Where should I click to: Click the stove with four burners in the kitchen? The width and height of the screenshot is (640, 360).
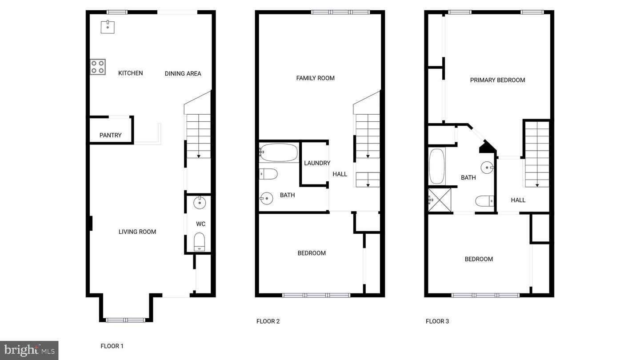point(98,67)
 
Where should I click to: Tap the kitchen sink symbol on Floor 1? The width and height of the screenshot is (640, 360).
point(108,27)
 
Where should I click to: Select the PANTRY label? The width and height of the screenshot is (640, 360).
point(111,135)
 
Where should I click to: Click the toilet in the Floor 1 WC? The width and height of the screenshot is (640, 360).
point(199,242)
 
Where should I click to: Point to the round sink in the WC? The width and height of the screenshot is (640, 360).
point(200,203)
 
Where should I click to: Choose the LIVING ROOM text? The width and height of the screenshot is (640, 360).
point(137,232)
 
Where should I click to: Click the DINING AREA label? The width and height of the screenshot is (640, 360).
point(183,74)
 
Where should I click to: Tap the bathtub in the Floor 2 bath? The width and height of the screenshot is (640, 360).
point(279,152)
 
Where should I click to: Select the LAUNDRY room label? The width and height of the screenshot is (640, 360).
point(317,163)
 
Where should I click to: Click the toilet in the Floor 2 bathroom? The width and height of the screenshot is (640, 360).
point(268,174)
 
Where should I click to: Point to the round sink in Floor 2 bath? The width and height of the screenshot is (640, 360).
point(266,198)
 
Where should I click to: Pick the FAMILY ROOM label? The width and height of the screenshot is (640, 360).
point(316,78)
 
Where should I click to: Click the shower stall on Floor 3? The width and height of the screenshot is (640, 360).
point(440,200)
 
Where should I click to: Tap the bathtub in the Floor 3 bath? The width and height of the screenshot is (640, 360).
point(437,166)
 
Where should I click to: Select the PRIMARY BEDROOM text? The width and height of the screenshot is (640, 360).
point(497,80)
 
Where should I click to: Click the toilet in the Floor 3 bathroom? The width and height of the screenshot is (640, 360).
point(485,201)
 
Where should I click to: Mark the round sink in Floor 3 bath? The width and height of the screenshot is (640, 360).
point(487,168)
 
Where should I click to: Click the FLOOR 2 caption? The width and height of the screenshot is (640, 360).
point(268,321)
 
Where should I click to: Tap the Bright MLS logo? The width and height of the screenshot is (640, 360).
point(29,350)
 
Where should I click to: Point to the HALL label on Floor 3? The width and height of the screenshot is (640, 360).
point(518,200)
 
